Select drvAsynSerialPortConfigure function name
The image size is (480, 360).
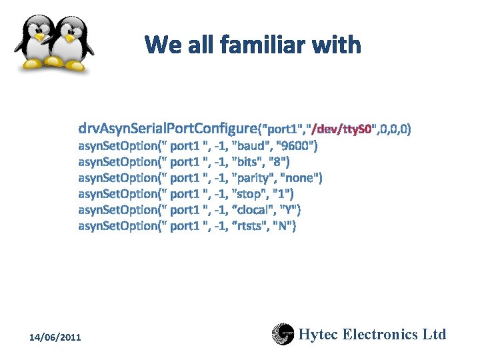tap(167, 127)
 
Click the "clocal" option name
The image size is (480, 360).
tap(254, 209)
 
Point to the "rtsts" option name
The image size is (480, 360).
tap(249, 225)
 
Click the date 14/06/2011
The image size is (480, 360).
tap(55, 338)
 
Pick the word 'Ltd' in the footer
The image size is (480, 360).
tap(434, 334)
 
